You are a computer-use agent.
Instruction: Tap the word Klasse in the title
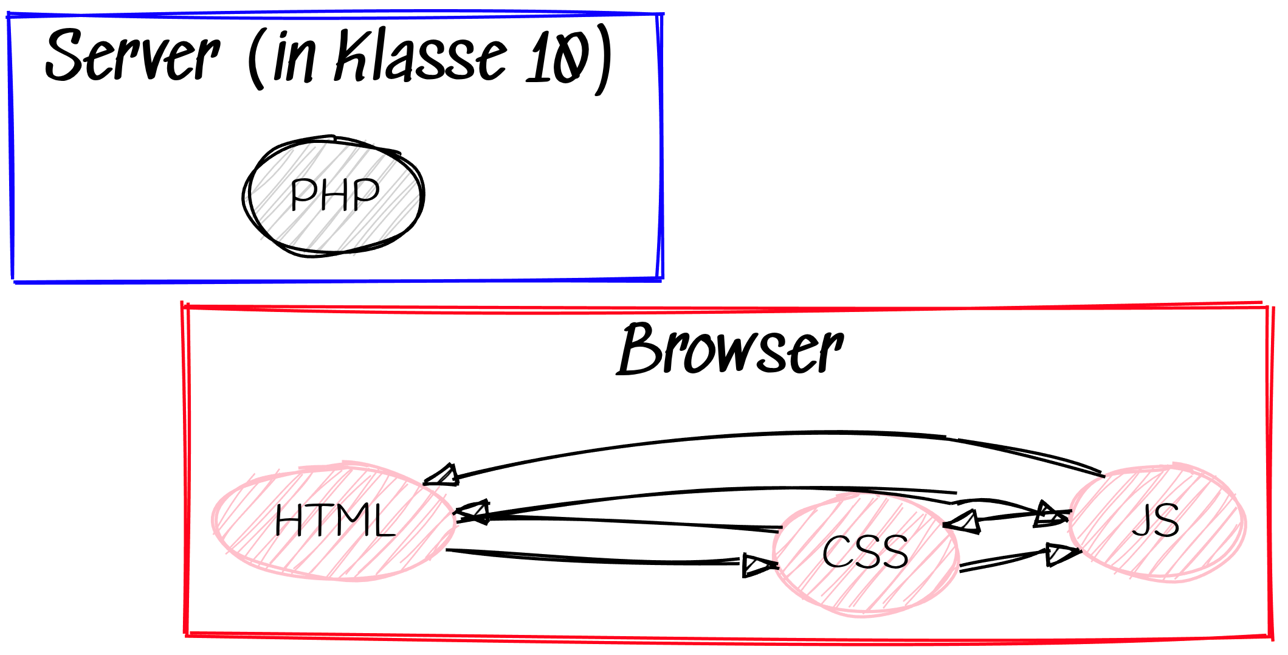(x=419, y=56)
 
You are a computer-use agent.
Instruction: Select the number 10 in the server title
(x=558, y=58)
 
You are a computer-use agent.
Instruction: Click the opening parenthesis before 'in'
(x=255, y=58)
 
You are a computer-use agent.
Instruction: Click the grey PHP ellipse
(x=333, y=196)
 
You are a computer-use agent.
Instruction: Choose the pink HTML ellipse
(x=334, y=521)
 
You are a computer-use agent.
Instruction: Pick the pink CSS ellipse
(x=866, y=553)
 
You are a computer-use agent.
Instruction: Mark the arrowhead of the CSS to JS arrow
(x=1060, y=554)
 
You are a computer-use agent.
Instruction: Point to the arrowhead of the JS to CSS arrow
(x=963, y=522)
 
